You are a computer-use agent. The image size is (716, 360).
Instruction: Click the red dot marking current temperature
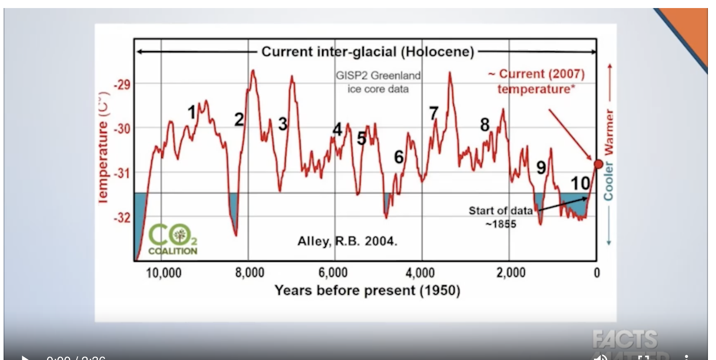(x=598, y=164)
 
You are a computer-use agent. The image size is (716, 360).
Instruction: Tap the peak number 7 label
(x=434, y=113)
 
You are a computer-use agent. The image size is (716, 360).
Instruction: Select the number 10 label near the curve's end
(x=580, y=183)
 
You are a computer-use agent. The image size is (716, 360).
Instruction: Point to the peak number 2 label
(x=239, y=119)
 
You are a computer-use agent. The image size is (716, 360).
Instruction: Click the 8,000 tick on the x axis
(x=250, y=272)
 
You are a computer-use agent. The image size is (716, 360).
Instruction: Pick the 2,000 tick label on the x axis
(x=511, y=272)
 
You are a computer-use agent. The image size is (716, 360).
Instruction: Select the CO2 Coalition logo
(x=173, y=239)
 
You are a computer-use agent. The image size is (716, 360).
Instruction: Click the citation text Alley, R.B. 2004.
(x=347, y=242)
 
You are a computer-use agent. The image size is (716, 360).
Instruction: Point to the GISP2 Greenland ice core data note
(x=378, y=82)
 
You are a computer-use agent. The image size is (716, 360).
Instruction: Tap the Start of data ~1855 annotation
(x=501, y=217)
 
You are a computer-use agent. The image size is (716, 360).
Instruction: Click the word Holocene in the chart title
(x=437, y=52)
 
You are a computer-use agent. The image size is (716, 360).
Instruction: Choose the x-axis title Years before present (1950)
(x=367, y=291)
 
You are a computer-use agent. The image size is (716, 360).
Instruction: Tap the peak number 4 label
(x=337, y=130)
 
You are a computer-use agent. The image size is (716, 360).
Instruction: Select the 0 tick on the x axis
(x=596, y=272)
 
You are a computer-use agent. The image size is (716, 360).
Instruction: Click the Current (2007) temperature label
(x=536, y=81)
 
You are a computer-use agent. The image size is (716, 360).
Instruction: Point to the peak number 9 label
(x=541, y=168)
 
